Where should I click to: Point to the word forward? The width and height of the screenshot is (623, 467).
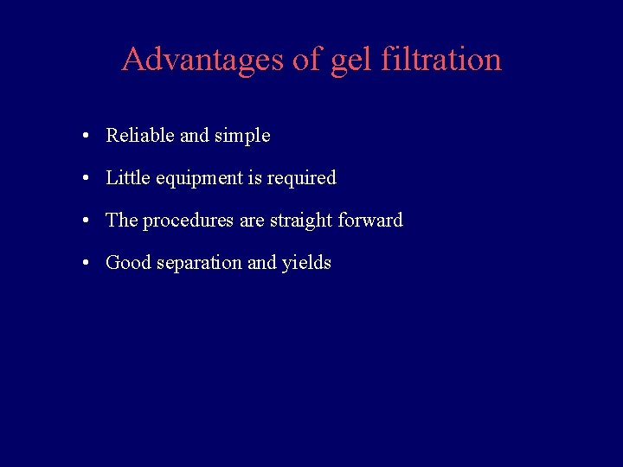click(x=370, y=221)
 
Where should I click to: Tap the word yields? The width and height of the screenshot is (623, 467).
click(x=306, y=263)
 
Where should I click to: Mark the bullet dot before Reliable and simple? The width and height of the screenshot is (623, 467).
click(x=88, y=137)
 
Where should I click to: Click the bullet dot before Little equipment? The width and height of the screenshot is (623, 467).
click(x=88, y=179)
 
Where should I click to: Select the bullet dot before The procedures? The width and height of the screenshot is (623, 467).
click(x=88, y=221)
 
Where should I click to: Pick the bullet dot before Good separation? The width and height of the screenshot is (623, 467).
click(x=88, y=264)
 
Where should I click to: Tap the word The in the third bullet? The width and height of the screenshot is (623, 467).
click(x=122, y=221)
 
